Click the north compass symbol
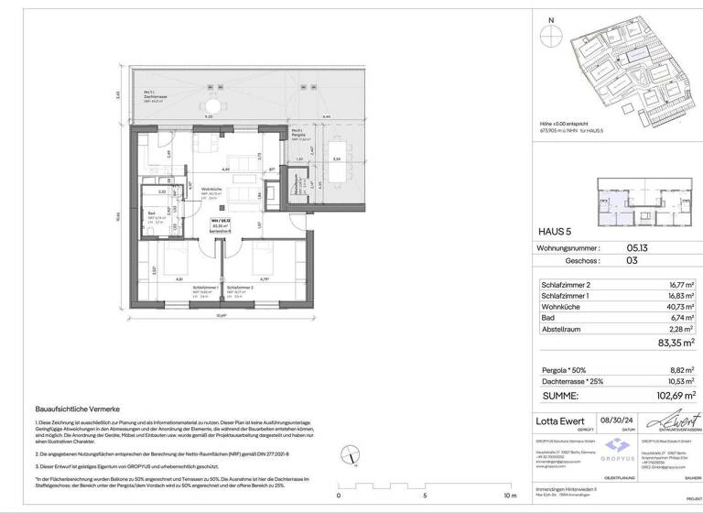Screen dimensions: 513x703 click(550, 36)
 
